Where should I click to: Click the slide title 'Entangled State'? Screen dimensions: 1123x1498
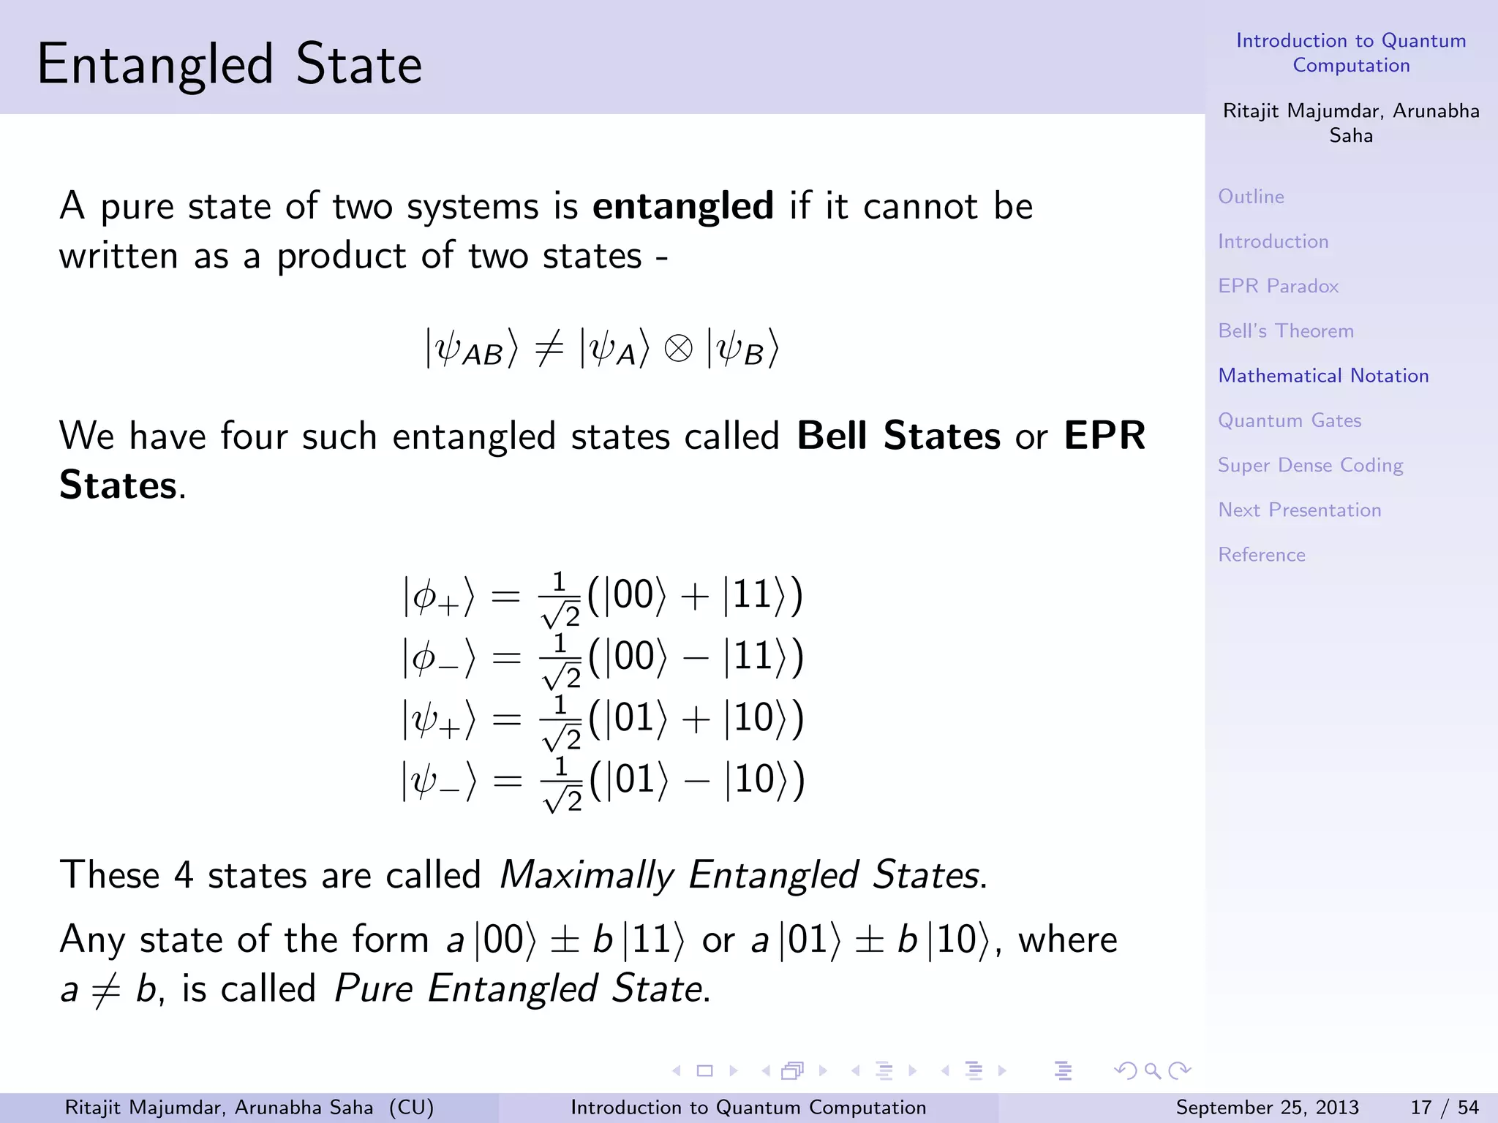pyautogui.click(x=230, y=64)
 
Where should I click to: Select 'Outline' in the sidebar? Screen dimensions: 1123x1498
pyautogui.click(x=1251, y=197)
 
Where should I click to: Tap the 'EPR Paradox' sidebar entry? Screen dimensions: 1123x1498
pyautogui.click(x=1278, y=286)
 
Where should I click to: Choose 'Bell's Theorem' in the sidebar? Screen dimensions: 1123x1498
pyautogui.click(x=1285, y=331)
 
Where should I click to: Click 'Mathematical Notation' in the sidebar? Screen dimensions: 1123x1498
pyautogui.click(x=1323, y=376)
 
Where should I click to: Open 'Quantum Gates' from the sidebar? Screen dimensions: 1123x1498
pyautogui.click(x=1289, y=420)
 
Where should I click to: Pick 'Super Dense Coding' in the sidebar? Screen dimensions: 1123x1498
pyautogui.click(x=1310, y=466)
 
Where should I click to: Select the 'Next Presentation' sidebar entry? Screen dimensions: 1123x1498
pyautogui.click(x=1299, y=510)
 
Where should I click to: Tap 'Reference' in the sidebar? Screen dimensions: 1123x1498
pyautogui.click(x=1261, y=555)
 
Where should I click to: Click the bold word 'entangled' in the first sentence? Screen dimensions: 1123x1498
pyautogui.click(x=682, y=206)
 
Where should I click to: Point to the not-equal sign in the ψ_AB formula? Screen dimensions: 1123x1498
pyautogui.click(x=549, y=347)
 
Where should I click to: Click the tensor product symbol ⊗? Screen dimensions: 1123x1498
pyautogui.click(x=678, y=348)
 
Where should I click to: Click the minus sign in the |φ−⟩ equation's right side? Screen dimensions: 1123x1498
pyautogui.click(x=695, y=657)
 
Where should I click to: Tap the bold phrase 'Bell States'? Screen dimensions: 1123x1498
pyautogui.click(x=898, y=436)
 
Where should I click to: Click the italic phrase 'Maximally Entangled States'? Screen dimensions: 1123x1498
pyautogui.click(x=742, y=875)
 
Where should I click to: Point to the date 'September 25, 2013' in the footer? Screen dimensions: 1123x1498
pyautogui.click(x=1267, y=1108)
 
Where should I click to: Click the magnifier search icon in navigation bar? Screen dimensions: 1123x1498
pyautogui.click(x=1152, y=1071)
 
